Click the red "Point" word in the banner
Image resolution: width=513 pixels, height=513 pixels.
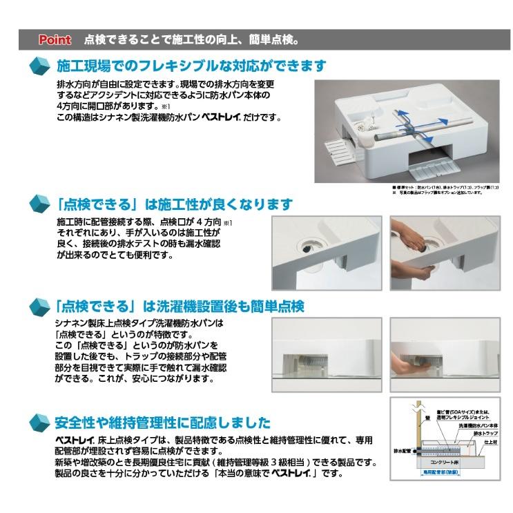point(55,40)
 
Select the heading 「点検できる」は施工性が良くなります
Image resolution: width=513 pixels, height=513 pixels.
point(175,204)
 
